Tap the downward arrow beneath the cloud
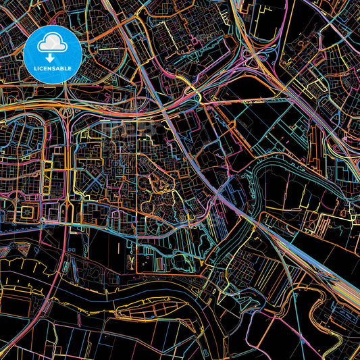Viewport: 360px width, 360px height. click(x=53, y=54)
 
